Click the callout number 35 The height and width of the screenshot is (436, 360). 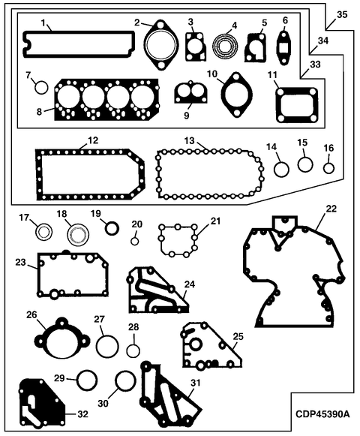point(342,14)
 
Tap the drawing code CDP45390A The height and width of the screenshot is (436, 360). point(322,413)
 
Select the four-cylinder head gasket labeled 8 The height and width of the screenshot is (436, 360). point(107,100)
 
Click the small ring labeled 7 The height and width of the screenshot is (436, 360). point(41,87)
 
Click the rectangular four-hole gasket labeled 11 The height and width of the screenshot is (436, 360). point(296,91)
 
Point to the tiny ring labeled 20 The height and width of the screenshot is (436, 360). point(134,242)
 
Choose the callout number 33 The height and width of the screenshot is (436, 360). point(315,65)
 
